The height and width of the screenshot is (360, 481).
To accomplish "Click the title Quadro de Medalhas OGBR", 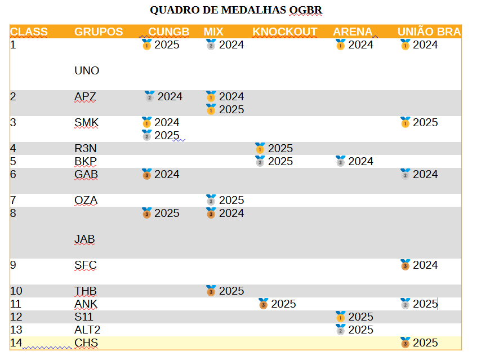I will pyautogui.click(x=236, y=10).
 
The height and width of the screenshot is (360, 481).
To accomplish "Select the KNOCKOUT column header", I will pyautogui.click(x=284, y=32).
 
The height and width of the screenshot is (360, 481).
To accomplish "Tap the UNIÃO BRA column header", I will pyautogui.click(x=429, y=32).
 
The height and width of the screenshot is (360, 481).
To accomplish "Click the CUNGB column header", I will pyautogui.click(x=168, y=32).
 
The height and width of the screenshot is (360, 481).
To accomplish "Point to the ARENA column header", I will pyautogui.click(x=353, y=32).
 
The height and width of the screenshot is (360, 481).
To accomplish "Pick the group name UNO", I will pyautogui.click(x=87, y=70).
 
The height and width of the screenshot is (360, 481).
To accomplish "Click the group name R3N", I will pyautogui.click(x=86, y=148).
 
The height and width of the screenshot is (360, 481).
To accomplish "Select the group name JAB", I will pyautogui.click(x=84, y=239).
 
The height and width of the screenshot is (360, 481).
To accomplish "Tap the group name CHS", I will pyautogui.click(x=86, y=343).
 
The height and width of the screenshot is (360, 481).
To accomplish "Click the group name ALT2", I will pyautogui.click(x=87, y=330).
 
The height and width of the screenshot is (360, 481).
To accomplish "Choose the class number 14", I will pyautogui.click(x=16, y=343).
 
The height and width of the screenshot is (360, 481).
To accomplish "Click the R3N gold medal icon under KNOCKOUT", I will pyautogui.click(x=260, y=148).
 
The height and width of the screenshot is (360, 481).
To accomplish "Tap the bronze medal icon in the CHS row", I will pyautogui.click(x=405, y=343).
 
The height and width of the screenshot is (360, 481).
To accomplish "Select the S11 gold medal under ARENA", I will pyautogui.click(x=340, y=317).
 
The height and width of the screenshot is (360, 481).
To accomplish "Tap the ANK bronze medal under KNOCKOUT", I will pyautogui.click(x=263, y=304).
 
